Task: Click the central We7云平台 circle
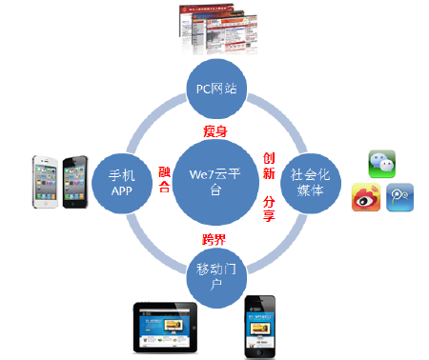(x=217, y=177)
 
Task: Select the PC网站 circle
(x=216, y=90)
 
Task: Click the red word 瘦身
(x=216, y=130)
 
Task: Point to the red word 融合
(x=164, y=177)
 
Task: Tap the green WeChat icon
(x=383, y=163)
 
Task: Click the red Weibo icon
(x=366, y=196)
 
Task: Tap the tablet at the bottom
(x=167, y=329)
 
